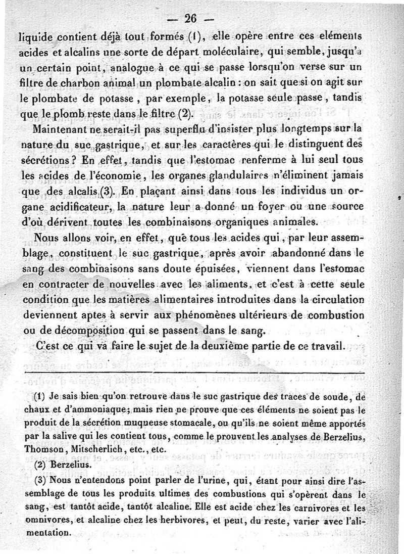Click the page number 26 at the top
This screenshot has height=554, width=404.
coord(190,19)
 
